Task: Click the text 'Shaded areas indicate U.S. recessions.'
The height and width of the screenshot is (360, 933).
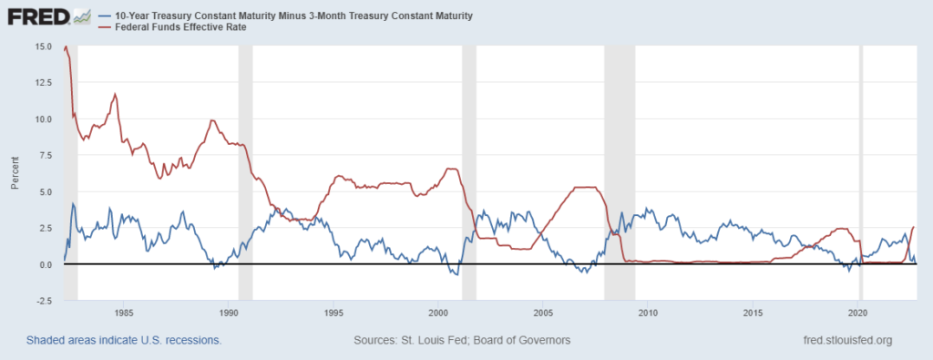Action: pyautogui.click(x=123, y=340)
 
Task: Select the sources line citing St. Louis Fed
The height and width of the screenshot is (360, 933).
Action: pyautogui.click(x=461, y=340)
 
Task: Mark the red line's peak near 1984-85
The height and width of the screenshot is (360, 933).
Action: pyautogui.click(x=115, y=94)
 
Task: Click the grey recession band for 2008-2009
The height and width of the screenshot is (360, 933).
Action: pyautogui.click(x=620, y=173)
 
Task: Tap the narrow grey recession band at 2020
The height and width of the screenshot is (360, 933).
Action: pyautogui.click(x=861, y=173)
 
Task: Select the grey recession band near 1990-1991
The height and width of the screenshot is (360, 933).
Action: pyautogui.click(x=245, y=173)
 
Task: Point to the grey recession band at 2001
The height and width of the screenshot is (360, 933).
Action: pyautogui.click(x=468, y=173)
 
